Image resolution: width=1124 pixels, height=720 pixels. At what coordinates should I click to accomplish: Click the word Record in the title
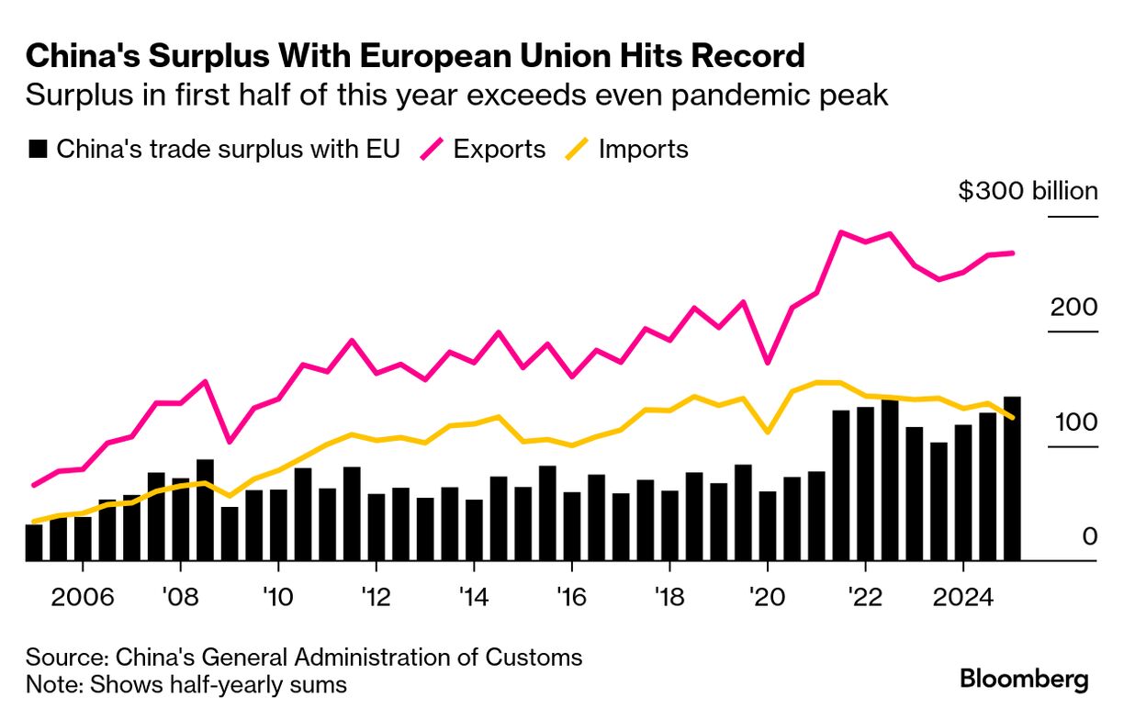point(745,57)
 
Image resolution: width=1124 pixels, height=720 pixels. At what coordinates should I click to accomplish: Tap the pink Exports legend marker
point(433,149)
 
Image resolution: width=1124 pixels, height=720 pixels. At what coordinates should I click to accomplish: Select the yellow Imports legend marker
point(575,149)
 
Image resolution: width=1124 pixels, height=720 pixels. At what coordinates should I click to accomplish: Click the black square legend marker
point(38,150)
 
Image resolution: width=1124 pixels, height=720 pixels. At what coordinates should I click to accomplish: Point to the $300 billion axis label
point(1028,191)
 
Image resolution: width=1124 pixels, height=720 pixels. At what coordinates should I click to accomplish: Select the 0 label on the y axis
point(1089,536)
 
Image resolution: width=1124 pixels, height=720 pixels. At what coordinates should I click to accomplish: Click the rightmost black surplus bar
point(1012,478)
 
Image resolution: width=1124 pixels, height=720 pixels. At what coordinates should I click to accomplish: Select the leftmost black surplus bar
point(34,542)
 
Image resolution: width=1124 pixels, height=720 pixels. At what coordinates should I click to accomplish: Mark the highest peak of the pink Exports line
point(840,232)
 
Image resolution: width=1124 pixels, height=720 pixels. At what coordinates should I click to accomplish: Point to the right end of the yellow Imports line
point(1012,418)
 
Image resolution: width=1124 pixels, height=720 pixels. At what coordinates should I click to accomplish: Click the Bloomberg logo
point(1024,680)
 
